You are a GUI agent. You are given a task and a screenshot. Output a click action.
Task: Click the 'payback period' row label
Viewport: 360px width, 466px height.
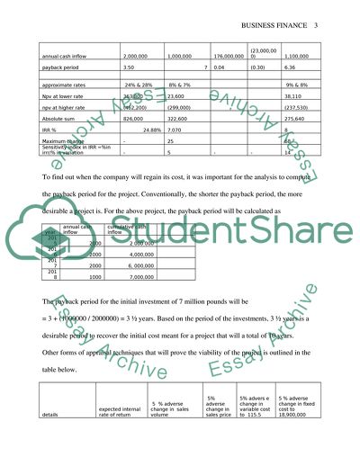point(63,67)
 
